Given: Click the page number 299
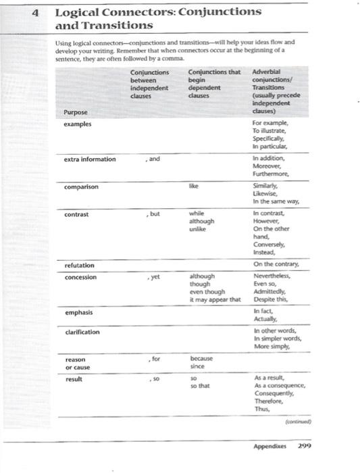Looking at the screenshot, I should point(303,446).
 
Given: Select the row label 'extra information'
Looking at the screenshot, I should point(90,159).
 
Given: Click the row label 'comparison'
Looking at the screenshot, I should point(81,186).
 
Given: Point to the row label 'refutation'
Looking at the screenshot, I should point(80,266).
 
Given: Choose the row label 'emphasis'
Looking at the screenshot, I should point(79,313).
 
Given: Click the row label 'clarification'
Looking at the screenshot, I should point(82,332).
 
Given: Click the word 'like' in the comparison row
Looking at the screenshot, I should point(194,182).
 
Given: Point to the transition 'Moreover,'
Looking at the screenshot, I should point(267,166).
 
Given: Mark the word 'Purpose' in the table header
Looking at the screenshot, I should point(75,112).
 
